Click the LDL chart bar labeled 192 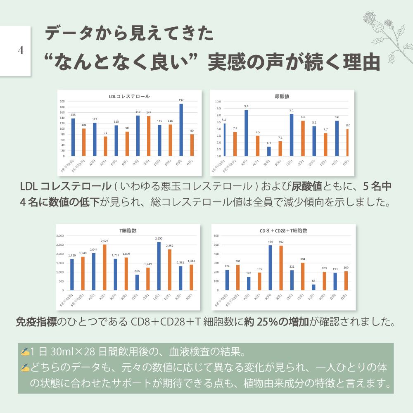(181, 130)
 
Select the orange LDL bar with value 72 (105, 146)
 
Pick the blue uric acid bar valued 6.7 (269, 151)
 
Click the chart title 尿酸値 (281, 96)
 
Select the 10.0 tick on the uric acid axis (218, 102)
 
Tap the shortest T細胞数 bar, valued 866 (138, 282)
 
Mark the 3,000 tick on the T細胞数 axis (59, 235)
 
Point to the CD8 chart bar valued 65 (313, 287)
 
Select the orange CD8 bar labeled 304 (303, 276)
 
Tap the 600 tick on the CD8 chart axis (216, 235)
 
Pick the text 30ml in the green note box (63, 352)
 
